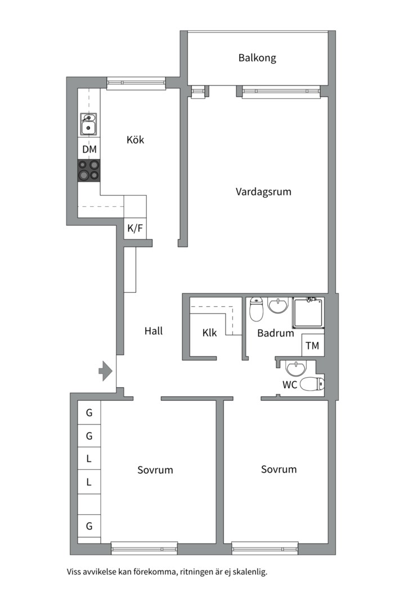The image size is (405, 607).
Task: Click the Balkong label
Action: pyautogui.click(x=257, y=58)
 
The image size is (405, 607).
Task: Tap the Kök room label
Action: pyautogui.click(x=135, y=139)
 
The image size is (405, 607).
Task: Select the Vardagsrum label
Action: pyautogui.click(x=263, y=192)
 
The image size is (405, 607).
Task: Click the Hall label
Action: pyautogui.click(x=154, y=331)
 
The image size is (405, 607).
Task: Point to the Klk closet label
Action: pyautogui.click(x=210, y=333)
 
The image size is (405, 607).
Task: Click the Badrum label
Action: pyautogui.click(x=276, y=333)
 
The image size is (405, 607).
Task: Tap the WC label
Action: pyautogui.click(x=290, y=384)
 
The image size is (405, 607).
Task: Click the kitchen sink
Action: pyautogui.click(x=89, y=124)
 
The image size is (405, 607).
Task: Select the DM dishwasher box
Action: pyautogui.click(x=89, y=148)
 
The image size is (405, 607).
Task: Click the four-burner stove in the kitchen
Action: pyautogui.click(x=89, y=171)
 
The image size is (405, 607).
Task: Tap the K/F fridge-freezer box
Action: pyautogui.click(x=135, y=228)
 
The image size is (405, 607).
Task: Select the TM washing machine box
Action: pyautogui.click(x=312, y=345)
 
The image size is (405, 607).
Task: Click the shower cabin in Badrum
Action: pyautogui.click(x=308, y=312)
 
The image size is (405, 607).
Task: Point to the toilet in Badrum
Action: pyautogui.click(x=256, y=309)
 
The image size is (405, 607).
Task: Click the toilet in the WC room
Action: pyautogui.click(x=312, y=384)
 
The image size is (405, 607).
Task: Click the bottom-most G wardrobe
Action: pyautogui.click(x=89, y=526)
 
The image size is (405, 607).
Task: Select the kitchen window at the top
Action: pyautogui.click(x=136, y=83)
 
